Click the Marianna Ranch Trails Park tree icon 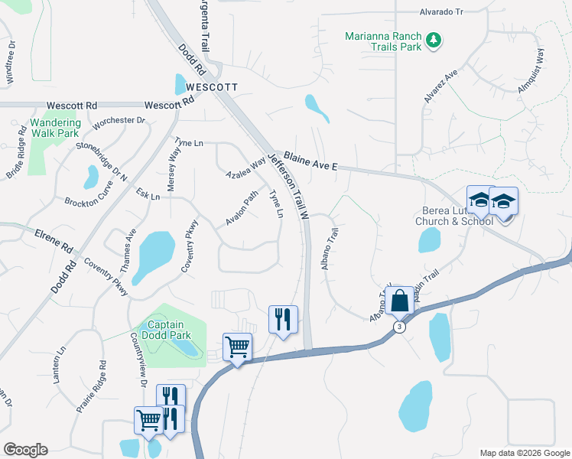click(x=434, y=40)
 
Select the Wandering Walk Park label click(x=55, y=128)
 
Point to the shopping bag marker click(x=399, y=301)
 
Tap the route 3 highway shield click(x=399, y=327)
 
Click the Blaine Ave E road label click(x=310, y=162)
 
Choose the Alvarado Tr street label click(x=441, y=12)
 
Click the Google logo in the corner click(x=25, y=450)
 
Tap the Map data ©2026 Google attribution click(x=524, y=453)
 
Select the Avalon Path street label click(x=242, y=208)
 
